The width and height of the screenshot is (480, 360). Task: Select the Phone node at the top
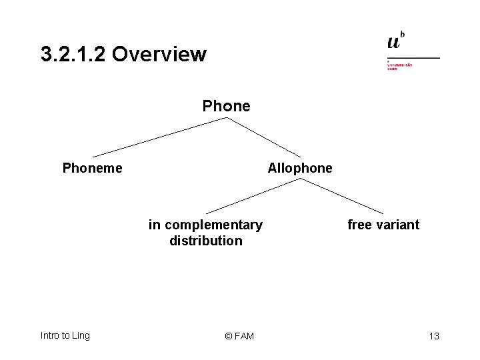pos(226,106)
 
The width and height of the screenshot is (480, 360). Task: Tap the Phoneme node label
pos(92,168)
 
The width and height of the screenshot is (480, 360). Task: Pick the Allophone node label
pos(299,168)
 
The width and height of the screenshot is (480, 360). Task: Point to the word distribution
pos(206,241)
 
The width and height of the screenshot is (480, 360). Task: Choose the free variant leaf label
pos(383,225)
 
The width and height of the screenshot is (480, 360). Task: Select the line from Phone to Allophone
pos(264,137)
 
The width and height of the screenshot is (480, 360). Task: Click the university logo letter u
pos(394,42)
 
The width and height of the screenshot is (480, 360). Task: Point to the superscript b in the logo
pos(403,35)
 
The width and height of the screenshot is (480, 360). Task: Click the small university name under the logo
pos(399,66)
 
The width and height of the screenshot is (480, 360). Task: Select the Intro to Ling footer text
pos(65,335)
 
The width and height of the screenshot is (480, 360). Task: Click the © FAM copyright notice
pos(239,336)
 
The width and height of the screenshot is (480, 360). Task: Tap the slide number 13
pos(434,336)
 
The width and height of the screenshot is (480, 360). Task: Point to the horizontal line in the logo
pos(413,58)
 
